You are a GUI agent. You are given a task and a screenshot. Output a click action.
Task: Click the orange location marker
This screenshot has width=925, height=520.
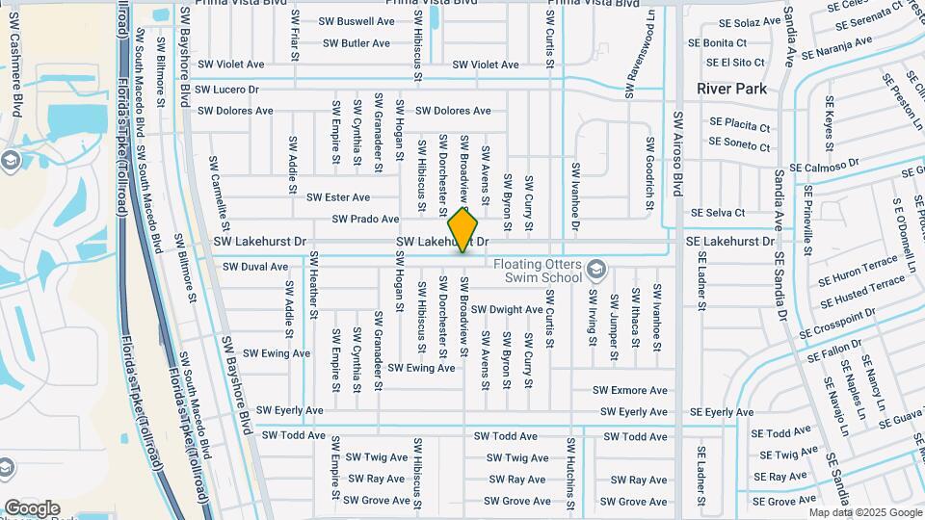click(x=463, y=229)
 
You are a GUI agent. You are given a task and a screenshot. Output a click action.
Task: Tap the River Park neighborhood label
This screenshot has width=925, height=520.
click(x=732, y=89)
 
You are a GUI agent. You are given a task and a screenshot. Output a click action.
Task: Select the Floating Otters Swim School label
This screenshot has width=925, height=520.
click(x=538, y=271)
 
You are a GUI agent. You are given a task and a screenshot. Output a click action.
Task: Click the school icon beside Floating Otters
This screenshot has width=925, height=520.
click(x=597, y=268)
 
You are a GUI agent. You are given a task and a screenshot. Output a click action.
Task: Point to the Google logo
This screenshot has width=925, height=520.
click(x=32, y=507)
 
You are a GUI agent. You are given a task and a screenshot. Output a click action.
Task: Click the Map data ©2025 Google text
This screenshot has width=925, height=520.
click(x=864, y=512)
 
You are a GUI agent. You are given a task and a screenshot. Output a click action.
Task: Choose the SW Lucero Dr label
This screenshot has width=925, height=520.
click(x=227, y=90)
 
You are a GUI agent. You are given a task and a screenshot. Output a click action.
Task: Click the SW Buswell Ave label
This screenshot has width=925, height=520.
click(x=358, y=21)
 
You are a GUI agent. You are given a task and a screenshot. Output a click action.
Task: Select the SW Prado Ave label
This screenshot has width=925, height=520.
click(x=360, y=220)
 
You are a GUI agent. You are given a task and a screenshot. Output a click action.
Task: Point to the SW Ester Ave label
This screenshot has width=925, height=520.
click(x=338, y=197)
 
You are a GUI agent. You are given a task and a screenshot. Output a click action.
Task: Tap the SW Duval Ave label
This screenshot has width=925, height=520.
click(x=255, y=267)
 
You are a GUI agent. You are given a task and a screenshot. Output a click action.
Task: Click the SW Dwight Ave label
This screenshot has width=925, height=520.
click(x=507, y=310)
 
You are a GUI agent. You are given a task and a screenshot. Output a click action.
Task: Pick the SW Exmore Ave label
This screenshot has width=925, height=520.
click(x=629, y=391)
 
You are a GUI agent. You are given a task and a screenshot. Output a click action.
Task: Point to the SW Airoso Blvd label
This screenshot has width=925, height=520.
click(x=678, y=149)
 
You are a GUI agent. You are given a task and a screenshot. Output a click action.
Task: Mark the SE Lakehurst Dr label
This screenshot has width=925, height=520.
click(x=729, y=242)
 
